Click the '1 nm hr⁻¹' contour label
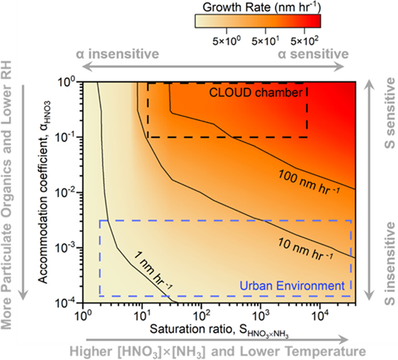153,270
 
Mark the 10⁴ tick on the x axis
321,314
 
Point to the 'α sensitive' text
313,54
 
